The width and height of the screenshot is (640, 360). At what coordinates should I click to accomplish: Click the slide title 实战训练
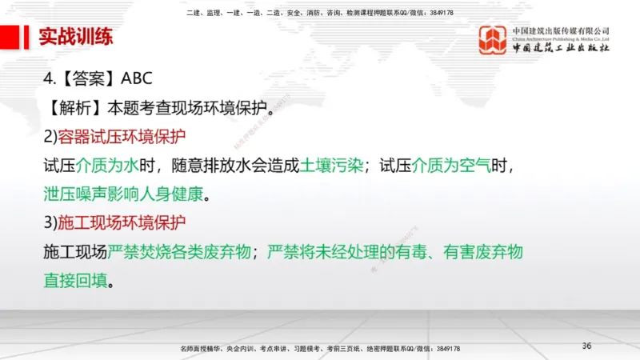(x=76, y=38)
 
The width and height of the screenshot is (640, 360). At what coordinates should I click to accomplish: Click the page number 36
(x=586, y=345)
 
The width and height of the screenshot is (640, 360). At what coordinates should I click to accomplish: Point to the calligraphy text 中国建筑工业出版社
(x=561, y=48)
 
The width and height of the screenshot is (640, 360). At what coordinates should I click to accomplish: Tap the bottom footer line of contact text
(x=319, y=349)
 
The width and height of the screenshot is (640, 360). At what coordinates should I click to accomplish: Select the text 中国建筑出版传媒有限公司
(x=561, y=30)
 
